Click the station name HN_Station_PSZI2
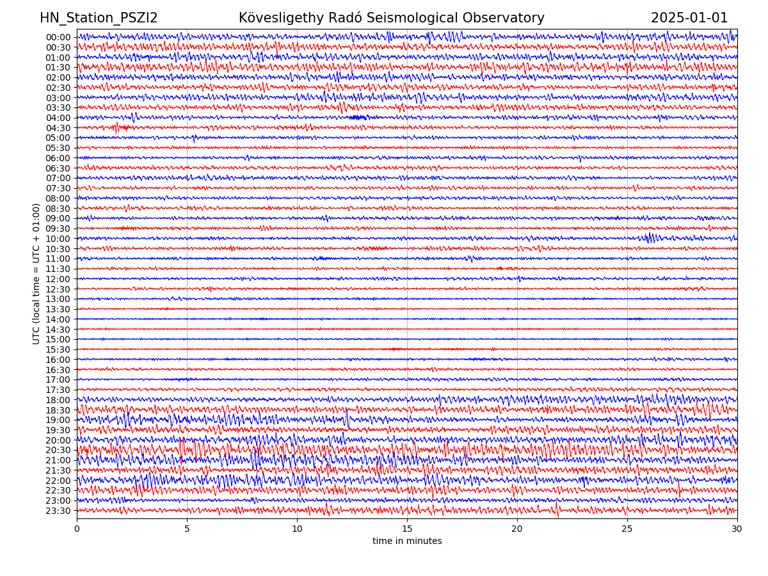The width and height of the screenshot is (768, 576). coord(99,19)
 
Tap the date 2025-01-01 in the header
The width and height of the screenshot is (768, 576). coord(689,19)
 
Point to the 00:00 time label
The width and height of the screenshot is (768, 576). coord(58,37)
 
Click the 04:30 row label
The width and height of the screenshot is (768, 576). coord(58,128)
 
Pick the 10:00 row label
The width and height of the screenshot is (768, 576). coord(58,239)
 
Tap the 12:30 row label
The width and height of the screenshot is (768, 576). coord(58,289)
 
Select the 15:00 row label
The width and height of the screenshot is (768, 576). coord(58,340)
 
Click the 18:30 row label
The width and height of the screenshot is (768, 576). coord(58,410)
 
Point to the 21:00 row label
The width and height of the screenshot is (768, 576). coord(58,461)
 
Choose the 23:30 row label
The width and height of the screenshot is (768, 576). coord(58,511)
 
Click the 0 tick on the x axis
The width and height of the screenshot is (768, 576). coord(77,529)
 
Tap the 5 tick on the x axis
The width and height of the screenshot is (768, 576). coord(187,529)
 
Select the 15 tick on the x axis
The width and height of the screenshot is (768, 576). coord(407,529)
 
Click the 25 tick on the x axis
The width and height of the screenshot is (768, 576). coord(627,529)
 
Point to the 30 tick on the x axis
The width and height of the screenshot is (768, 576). coord(737,529)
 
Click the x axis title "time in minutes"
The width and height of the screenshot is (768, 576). coord(407,541)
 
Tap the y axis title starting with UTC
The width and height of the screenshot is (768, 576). coord(37,274)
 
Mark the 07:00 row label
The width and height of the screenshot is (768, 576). coord(58,178)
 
